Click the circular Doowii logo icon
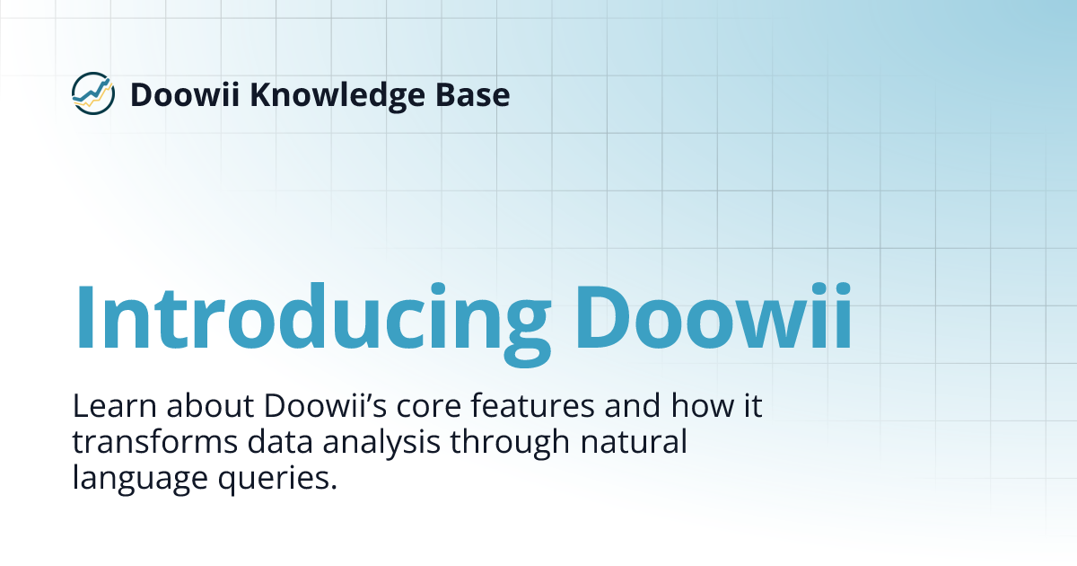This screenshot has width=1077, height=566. pyautogui.click(x=93, y=93)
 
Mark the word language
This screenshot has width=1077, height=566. pyautogui.click(x=134, y=479)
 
